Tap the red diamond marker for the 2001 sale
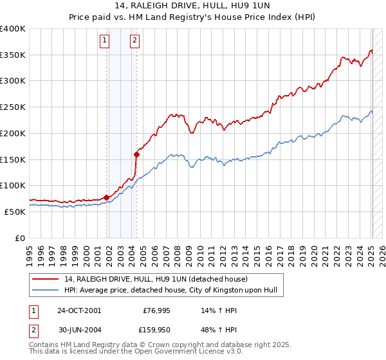coord(106,197)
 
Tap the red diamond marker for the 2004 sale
coord(136,154)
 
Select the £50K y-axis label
coord(15,212)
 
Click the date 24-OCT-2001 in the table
coord(79,310)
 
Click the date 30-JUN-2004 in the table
coord(79,331)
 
